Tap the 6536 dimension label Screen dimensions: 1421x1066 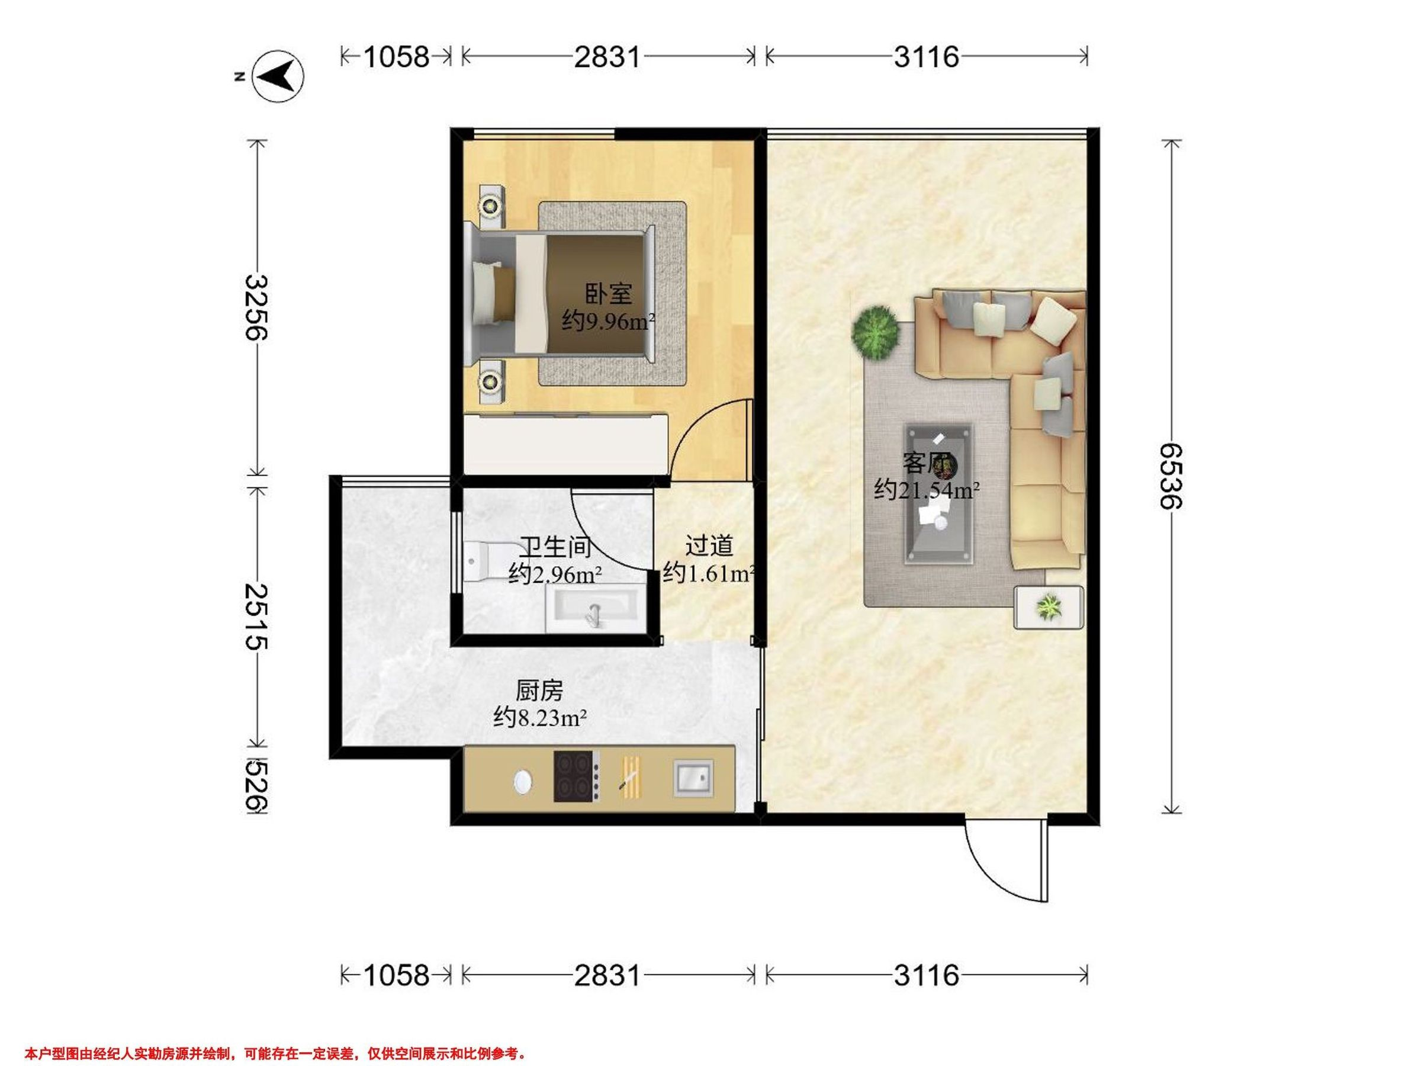click(x=1171, y=476)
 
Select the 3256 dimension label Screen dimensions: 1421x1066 click(x=257, y=307)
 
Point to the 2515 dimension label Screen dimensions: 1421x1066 click(x=257, y=617)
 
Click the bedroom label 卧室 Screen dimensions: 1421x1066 click(x=607, y=294)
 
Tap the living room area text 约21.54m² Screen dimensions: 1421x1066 click(x=927, y=490)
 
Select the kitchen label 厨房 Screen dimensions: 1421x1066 click(x=539, y=691)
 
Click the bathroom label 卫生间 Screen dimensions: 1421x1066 click(x=555, y=547)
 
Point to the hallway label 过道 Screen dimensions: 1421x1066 click(x=709, y=545)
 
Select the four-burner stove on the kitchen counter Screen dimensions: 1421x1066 click(x=577, y=776)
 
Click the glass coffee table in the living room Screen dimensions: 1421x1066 click(x=938, y=493)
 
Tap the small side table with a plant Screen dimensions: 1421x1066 click(x=1049, y=606)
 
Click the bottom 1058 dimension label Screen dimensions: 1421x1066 click(x=396, y=975)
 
